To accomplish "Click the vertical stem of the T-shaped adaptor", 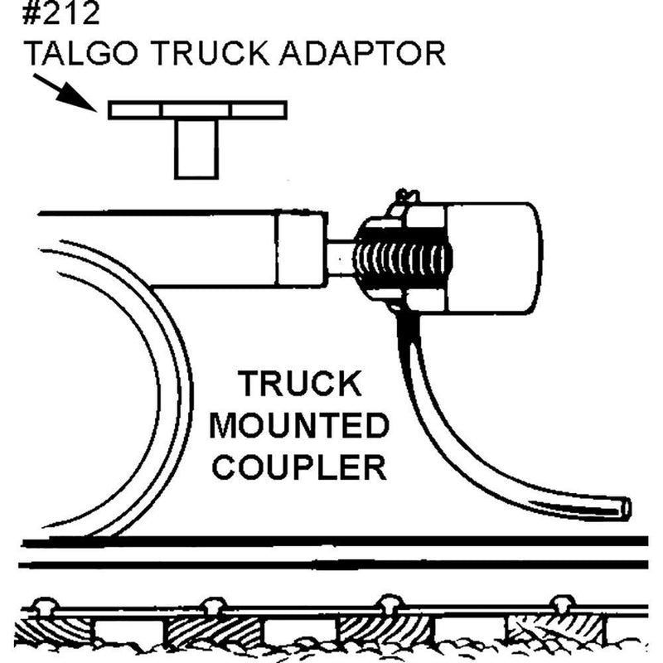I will (196, 148).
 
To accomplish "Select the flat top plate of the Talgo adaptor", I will (197, 109).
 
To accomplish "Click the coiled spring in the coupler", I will (404, 259).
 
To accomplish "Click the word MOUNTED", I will (298, 427).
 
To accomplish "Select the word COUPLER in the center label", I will (298, 467).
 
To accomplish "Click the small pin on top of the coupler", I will (404, 196).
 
